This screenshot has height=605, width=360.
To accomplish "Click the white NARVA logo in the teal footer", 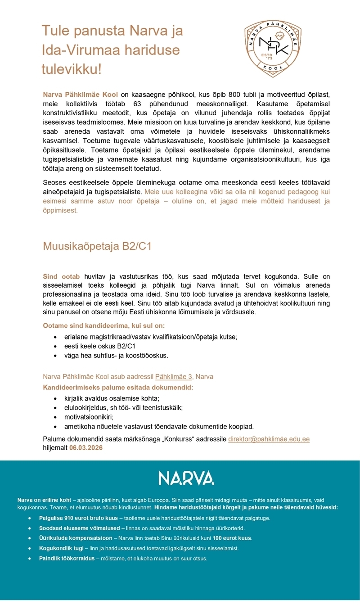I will [x=186, y=478].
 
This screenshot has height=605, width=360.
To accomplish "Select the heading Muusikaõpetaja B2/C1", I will [x=97, y=246].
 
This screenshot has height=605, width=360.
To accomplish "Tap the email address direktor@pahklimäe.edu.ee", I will [x=269, y=439].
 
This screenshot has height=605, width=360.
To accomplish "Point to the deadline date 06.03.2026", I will [x=85, y=448].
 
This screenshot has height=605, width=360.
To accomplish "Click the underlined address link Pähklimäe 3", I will [x=174, y=376].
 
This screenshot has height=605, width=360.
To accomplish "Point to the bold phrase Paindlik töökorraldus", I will [x=67, y=558].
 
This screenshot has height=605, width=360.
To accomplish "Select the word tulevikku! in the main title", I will [x=72, y=69].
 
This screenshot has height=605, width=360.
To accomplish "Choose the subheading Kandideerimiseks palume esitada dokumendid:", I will [x=118, y=387].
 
